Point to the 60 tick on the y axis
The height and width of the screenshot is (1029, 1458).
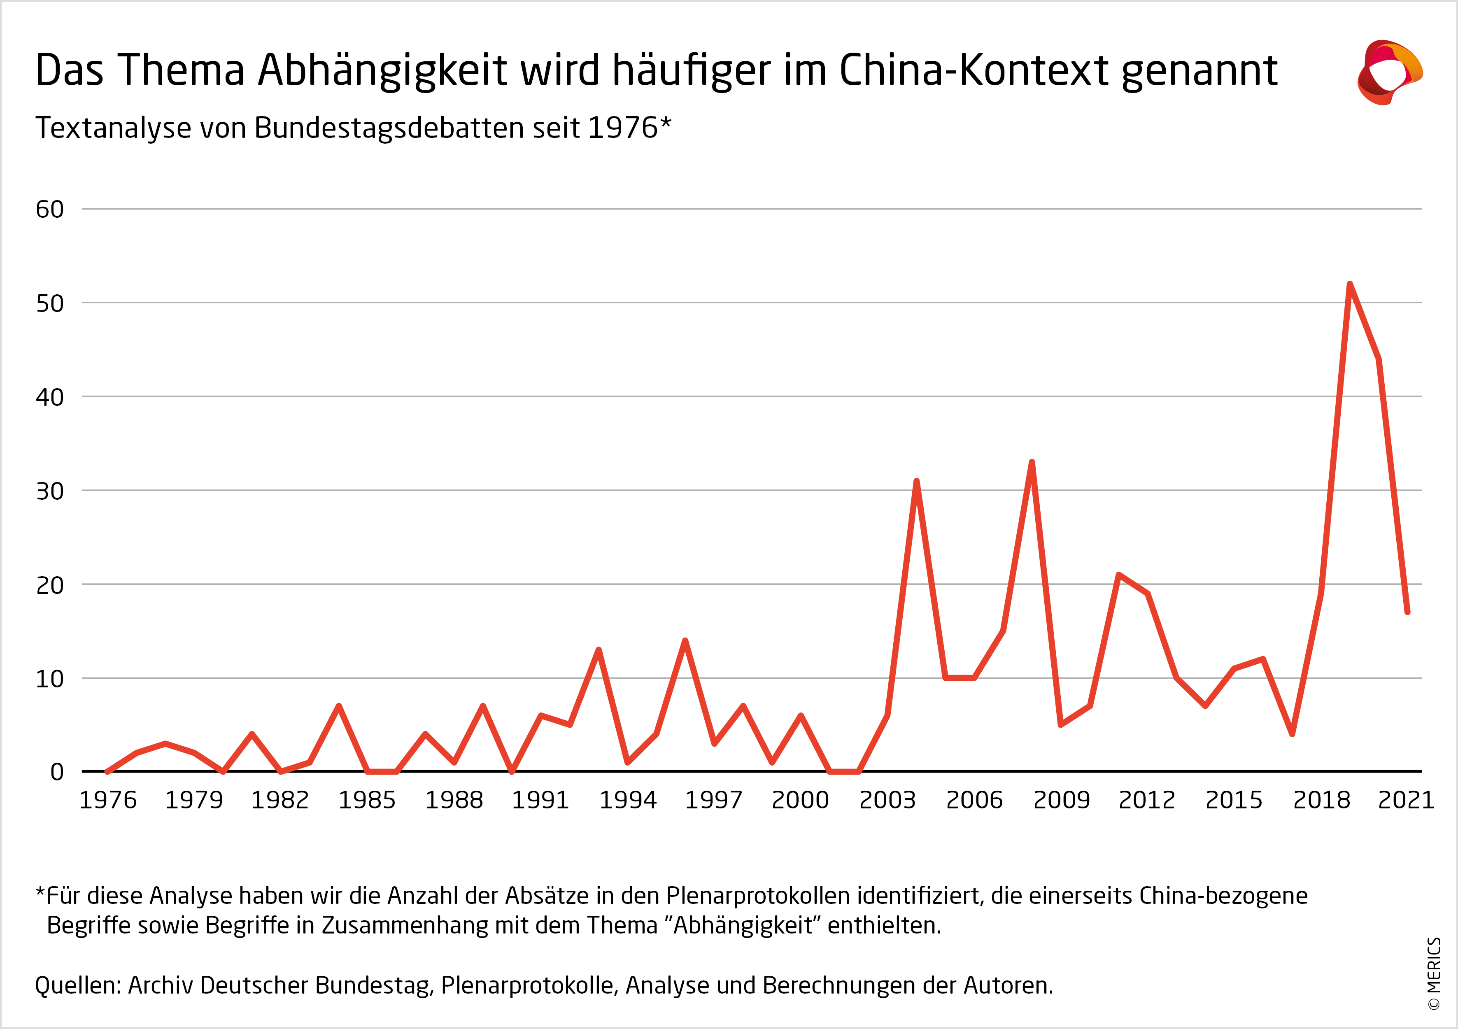[x=49, y=210]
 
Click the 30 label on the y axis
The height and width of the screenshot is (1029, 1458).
[x=49, y=491]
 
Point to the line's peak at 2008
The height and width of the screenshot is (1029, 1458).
[x=1032, y=462]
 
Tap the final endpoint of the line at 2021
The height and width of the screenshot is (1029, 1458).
[x=1407, y=612]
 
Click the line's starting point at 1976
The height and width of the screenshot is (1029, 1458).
[x=107, y=772]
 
